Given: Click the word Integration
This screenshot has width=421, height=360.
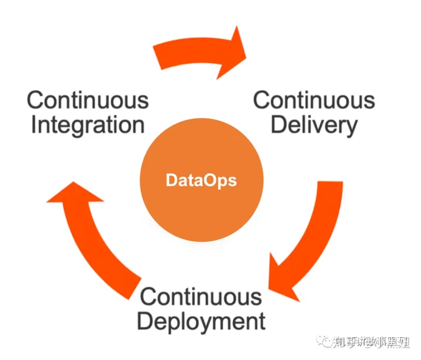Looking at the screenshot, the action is pyautogui.click(x=88, y=125).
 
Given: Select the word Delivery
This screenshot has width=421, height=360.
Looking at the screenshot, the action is pyautogui.click(x=314, y=125).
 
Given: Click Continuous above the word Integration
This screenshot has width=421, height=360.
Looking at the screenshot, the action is pyautogui.click(x=88, y=100).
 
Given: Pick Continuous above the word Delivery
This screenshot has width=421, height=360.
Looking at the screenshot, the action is pyautogui.click(x=314, y=100).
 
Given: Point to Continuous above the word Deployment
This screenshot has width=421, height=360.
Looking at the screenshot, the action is pyautogui.click(x=201, y=296).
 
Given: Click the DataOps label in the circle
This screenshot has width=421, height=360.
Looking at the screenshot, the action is pyautogui.click(x=201, y=180).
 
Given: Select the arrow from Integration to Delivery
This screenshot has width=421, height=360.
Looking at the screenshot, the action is pyautogui.click(x=199, y=54).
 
